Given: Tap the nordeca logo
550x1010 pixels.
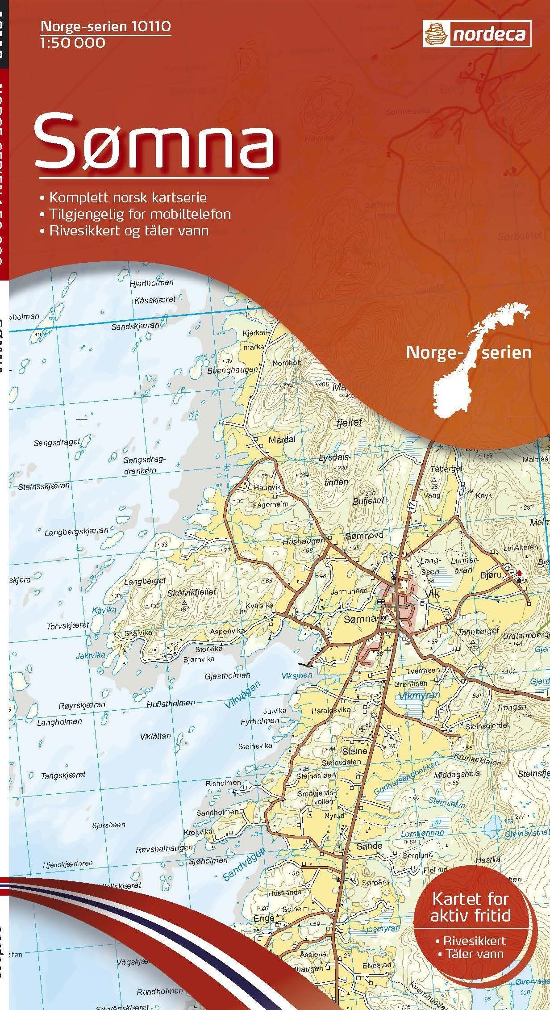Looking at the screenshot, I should coord(476,34).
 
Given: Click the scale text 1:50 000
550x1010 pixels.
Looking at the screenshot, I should coord(73,43).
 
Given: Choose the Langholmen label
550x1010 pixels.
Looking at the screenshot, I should coord(59,721).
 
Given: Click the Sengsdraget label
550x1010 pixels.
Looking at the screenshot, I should coord(57,442).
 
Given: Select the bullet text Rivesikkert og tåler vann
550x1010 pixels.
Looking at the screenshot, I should coord(129,230).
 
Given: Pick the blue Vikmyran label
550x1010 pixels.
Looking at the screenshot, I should coord(419,695).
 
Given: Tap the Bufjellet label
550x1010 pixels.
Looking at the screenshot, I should coord(368,501).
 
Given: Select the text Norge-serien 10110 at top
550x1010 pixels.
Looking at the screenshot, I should coord(105,27).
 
